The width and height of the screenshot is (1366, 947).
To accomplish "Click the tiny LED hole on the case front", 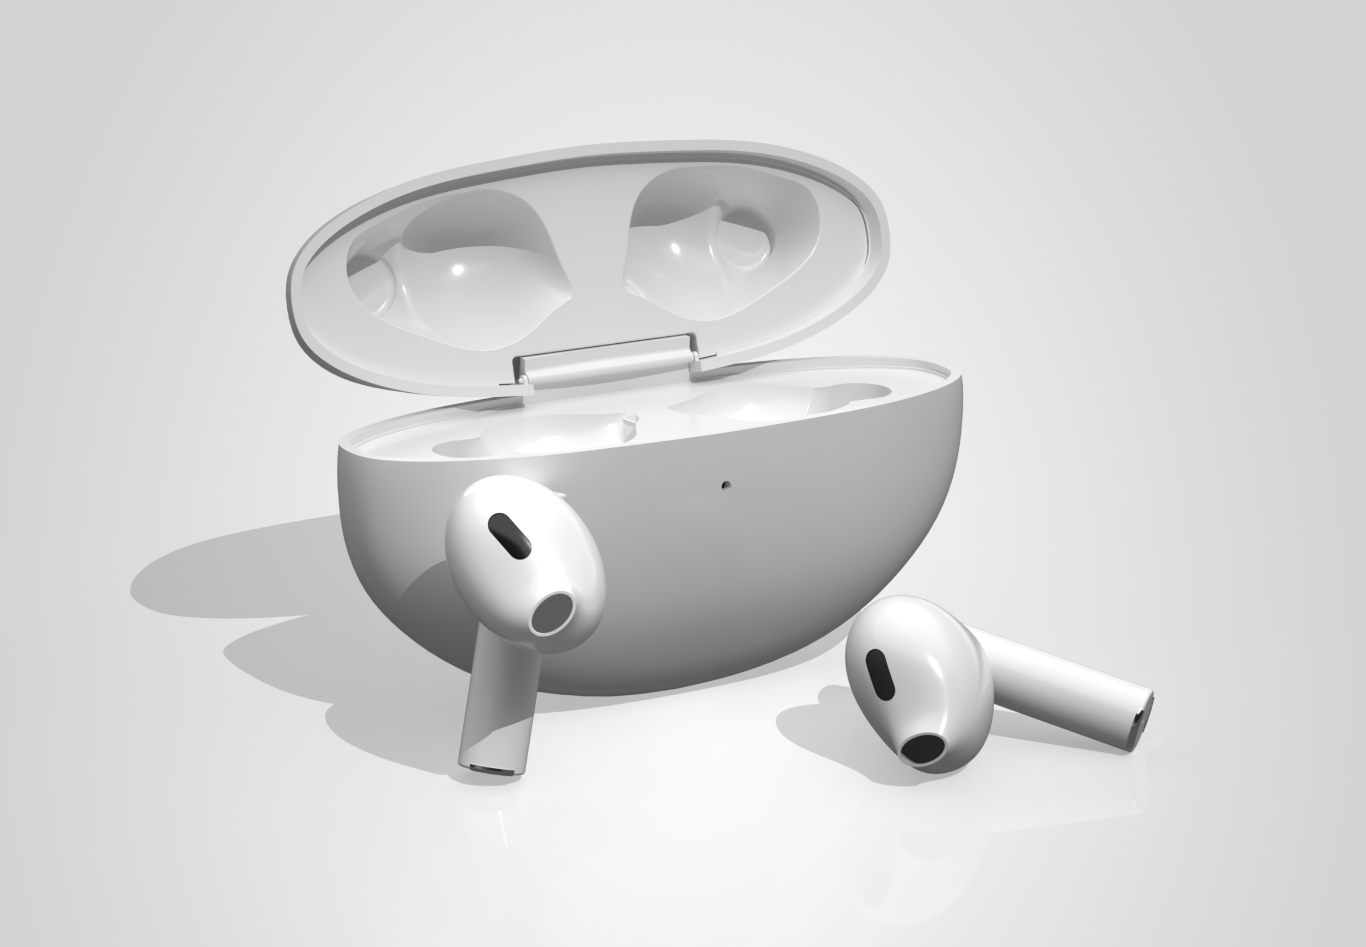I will [724, 485].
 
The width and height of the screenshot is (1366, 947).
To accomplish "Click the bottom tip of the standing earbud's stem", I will [490, 770].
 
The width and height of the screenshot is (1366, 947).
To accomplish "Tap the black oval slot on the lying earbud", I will [880, 674].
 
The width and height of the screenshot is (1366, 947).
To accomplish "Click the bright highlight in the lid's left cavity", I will [457, 269].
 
